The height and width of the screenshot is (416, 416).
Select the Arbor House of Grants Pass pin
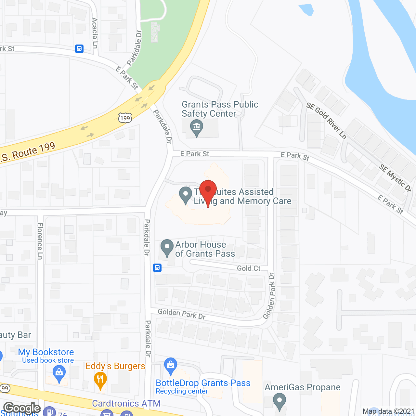(x=167, y=247)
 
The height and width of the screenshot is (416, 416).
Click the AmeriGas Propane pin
(x=279, y=401)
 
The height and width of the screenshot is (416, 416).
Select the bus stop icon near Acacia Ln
(x=79, y=49)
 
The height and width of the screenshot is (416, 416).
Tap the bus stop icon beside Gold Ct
(x=157, y=268)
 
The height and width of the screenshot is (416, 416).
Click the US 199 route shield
(x=125, y=118)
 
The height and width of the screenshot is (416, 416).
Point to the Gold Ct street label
(x=249, y=268)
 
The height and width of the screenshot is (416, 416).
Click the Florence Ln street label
(x=40, y=241)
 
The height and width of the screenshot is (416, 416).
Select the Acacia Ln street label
(x=95, y=33)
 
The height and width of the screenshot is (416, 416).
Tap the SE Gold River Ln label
(x=326, y=121)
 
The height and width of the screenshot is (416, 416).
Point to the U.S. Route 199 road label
(x=28, y=152)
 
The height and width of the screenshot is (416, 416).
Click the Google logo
(x=22, y=408)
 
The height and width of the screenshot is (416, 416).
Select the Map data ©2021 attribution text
(x=389, y=411)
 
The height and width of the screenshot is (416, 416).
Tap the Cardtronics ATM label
(x=126, y=403)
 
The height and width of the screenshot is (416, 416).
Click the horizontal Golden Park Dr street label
(x=182, y=314)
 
